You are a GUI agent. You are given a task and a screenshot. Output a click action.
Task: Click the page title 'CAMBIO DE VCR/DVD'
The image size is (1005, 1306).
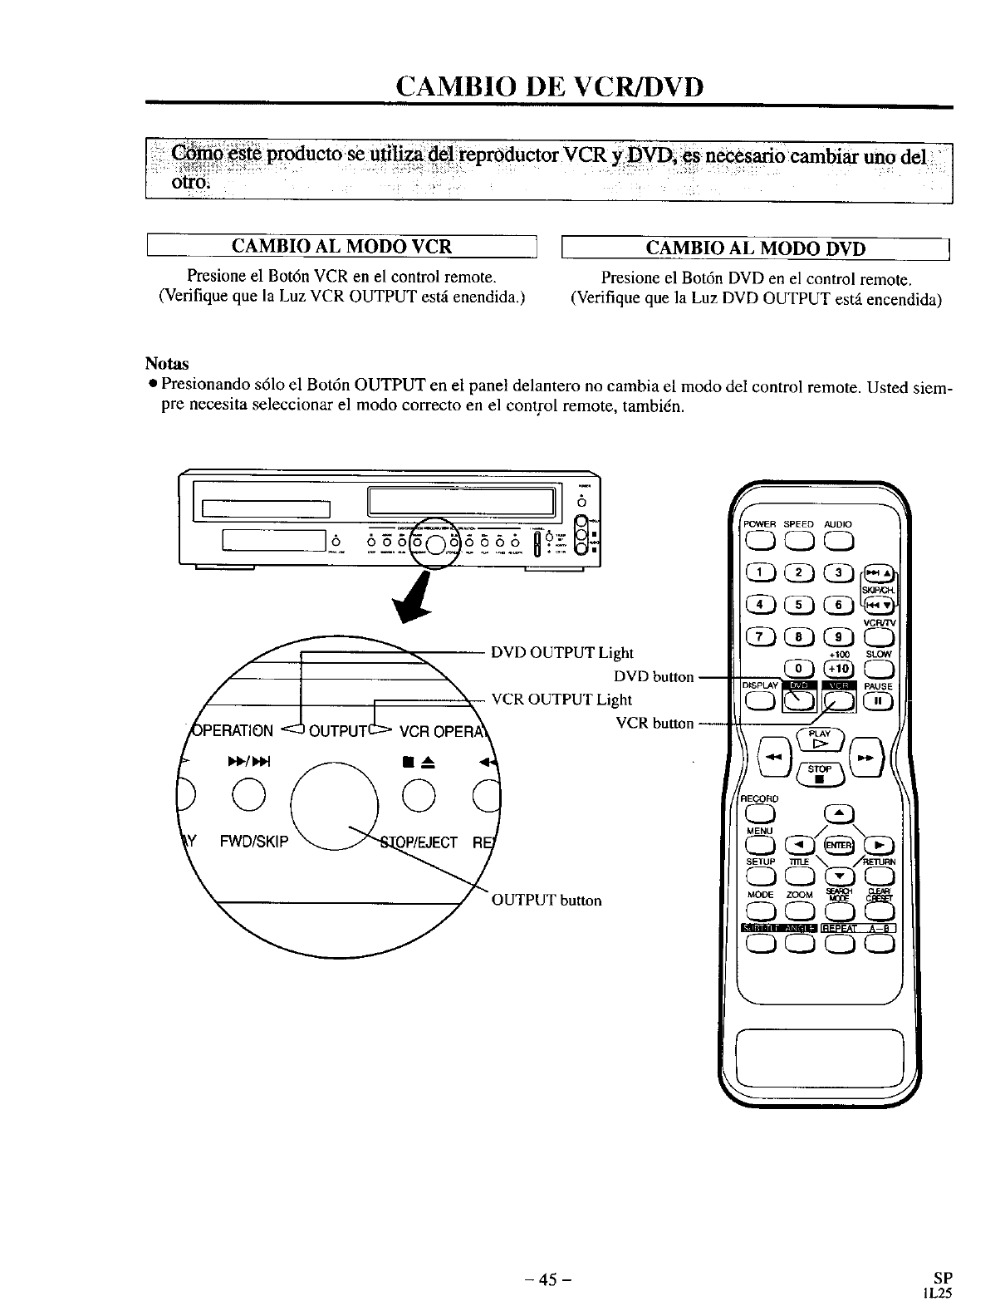coord(549,86)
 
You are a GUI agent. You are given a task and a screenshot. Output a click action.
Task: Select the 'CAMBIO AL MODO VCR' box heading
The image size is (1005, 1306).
coord(341,247)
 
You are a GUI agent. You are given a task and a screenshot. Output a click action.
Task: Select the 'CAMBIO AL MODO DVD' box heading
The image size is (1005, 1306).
coord(755,248)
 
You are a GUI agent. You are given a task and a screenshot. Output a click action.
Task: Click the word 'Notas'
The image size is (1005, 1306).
coord(167,364)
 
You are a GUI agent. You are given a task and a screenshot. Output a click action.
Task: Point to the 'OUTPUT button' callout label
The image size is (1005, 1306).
coord(547,901)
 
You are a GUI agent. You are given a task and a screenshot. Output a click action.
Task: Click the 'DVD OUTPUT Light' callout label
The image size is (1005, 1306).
coord(561,653)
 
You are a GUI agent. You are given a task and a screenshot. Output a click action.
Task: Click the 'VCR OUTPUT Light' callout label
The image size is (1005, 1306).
coord(561,700)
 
